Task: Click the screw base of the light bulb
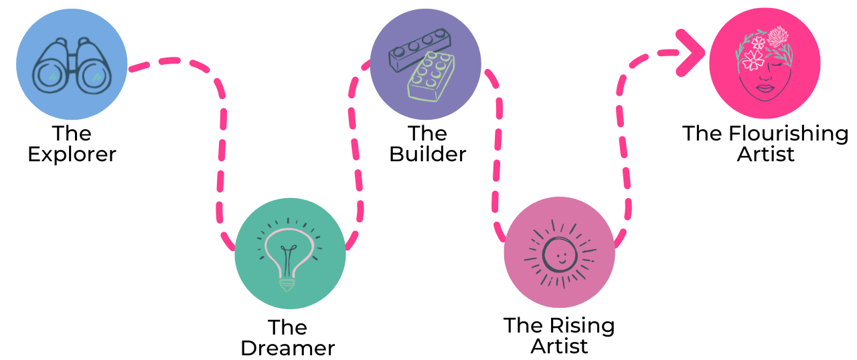click(x=287, y=284)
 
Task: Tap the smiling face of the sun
click(x=559, y=254)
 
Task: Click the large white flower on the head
click(x=753, y=60)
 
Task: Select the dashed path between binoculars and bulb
click(x=222, y=134)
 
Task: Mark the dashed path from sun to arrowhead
click(x=624, y=147)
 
